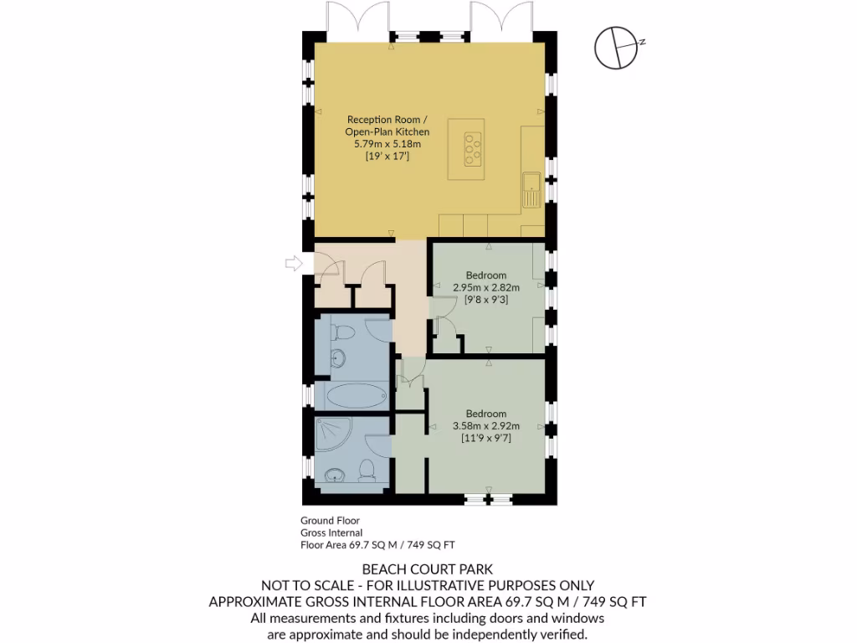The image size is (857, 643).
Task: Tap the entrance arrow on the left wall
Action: click(x=294, y=264)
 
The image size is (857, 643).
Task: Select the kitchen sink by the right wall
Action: click(x=531, y=189)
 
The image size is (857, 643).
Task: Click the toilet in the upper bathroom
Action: click(x=341, y=332)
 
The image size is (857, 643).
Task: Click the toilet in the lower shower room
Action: click(x=367, y=470)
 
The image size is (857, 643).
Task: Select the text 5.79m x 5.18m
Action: click(x=387, y=144)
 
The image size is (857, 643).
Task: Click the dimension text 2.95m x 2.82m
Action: click(x=485, y=287)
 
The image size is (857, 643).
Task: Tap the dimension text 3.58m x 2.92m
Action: click(x=485, y=425)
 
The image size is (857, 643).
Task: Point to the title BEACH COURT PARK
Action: click(x=428, y=569)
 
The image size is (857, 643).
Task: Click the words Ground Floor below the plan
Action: click(x=330, y=520)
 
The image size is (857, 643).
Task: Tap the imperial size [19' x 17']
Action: click(x=387, y=157)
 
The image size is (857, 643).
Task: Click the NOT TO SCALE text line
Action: click(x=428, y=585)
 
